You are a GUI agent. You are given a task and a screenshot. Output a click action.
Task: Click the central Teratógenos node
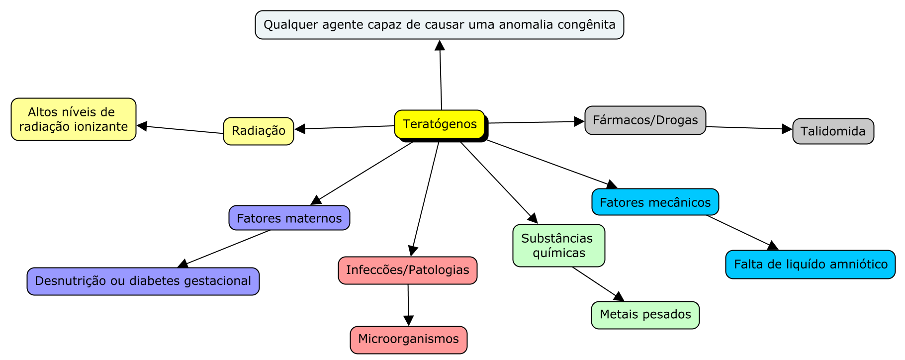pyautogui.click(x=440, y=124)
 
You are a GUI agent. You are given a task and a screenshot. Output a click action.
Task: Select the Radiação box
pyautogui.click(x=259, y=131)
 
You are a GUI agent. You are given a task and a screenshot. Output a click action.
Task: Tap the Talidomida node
pyautogui.click(x=833, y=131)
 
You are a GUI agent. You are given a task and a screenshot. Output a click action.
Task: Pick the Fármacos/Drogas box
pyautogui.click(x=645, y=120)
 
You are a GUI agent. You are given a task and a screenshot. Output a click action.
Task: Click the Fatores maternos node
pyautogui.click(x=289, y=218)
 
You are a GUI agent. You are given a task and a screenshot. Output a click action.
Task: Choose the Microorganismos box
pyautogui.click(x=408, y=340)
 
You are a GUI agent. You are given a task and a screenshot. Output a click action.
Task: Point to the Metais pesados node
pyautogui.click(x=645, y=315)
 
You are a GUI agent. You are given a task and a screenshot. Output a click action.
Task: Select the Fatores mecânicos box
pyautogui.click(x=655, y=202)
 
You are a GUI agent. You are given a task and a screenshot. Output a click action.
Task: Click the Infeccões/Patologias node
pyautogui.click(x=407, y=270)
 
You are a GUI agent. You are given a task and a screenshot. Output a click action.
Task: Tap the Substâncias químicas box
pyautogui.click(x=558, y=246)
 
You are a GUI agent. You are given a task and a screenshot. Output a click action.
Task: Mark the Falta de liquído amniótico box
pyautogui.click(x=810, y=265)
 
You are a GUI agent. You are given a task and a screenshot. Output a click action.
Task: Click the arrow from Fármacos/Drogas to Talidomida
pyautogui.click(x=748, y=128)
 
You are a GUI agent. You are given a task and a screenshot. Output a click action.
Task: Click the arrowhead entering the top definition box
pyautogui.click(x=440, y=46)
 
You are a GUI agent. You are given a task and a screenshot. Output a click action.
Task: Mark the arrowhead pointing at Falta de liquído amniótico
pyautogui.click(x=772, y=246)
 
